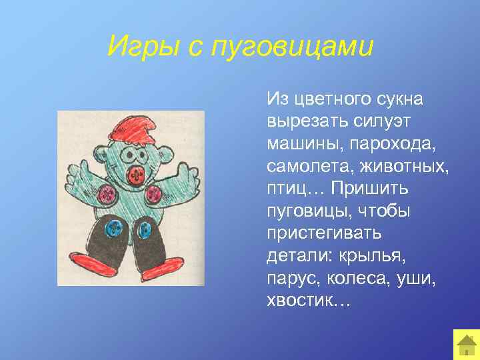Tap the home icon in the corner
(465, 345)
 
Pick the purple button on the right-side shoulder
(153, 195)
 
